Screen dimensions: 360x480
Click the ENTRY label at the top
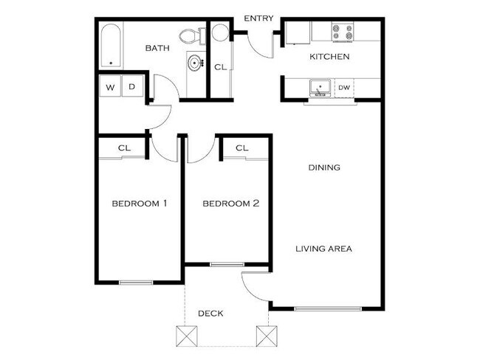258,18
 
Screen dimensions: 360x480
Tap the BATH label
157,49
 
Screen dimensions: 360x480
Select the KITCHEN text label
329,57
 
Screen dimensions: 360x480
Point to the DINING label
324,167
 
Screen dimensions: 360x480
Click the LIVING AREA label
323,249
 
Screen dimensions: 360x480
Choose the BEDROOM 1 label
139,203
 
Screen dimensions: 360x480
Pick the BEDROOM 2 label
230,203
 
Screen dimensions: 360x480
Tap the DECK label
210,314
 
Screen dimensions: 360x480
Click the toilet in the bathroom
190,35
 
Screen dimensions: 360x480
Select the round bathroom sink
195,63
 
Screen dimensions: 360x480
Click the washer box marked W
111,86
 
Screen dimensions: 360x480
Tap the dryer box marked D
132,86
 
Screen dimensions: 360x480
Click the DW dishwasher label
343,89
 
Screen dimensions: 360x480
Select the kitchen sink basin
320,88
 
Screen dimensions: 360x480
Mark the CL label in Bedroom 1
124,148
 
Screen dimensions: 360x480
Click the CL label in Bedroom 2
241,148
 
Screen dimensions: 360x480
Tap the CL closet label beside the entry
220,67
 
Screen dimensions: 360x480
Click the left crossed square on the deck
185,336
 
